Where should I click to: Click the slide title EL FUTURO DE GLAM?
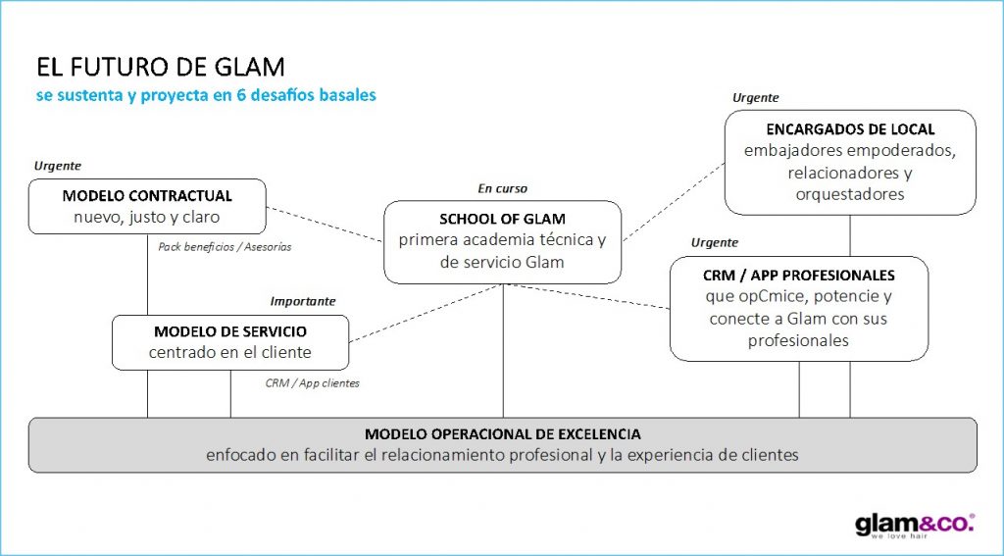click(x=161, y=68)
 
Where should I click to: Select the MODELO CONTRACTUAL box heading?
click(x=147, y=196)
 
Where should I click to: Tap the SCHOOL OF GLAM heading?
click(x=502, y=219)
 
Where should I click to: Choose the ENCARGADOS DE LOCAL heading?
click(x=850, y=129)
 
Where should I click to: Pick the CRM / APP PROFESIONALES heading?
click(x=799, y=275)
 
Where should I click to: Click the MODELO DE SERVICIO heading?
click(x=230, y=331)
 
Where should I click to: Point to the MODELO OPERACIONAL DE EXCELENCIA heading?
click(x=502, y=433)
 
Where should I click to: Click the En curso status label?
click(x=502, y=188)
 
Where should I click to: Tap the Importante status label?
click(x=303, y=301)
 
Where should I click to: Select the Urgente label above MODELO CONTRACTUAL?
click(x=58, y=166)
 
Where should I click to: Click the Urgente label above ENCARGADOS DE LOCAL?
click(x=756, y=97)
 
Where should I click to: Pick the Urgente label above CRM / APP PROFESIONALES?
click(x=715, y=242)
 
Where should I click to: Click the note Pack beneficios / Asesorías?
click(x=225, y=247)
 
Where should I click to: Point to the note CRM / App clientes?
click(x=312, y=383)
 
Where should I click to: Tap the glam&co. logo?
click(x=914, y=525)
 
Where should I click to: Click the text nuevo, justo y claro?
click(x=147, y=217)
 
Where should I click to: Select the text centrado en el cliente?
click(x=230, y=352)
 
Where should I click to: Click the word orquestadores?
click(x=850, y=194)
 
